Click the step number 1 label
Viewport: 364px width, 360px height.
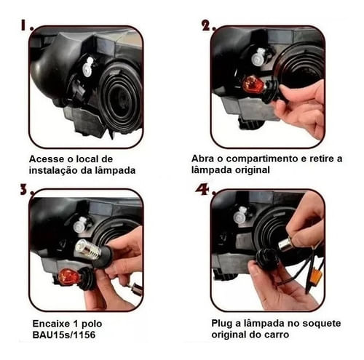point(26,25)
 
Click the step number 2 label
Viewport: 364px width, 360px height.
point(208,25)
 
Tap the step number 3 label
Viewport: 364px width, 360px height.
point(26,189)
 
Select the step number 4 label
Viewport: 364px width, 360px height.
point(205,189)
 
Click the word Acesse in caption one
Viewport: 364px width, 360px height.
point(47,159)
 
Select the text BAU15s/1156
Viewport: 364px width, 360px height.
point(64,335)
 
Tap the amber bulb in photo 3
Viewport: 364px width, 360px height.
point(68,276)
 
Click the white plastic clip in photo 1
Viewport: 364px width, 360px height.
point(88,66)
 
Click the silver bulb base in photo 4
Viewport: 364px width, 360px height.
point(287,245)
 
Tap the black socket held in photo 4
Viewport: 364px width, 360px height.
point(264,256)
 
